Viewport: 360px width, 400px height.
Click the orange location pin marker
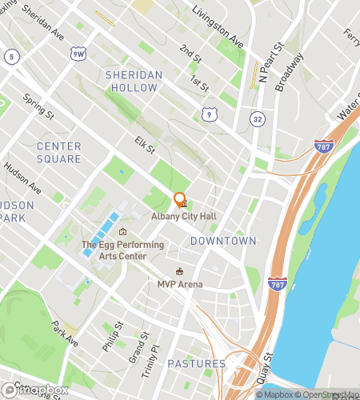(179, 201)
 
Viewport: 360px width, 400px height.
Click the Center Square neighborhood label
(58, 153)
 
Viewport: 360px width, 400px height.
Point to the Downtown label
(223, 241)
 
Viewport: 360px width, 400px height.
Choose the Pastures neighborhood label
(196, 364)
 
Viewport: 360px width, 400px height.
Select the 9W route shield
(78, 54)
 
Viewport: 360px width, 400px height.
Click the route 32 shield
(256, 118)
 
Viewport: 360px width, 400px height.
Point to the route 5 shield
(12, 56)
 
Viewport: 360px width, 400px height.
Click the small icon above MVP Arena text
(180, 271)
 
